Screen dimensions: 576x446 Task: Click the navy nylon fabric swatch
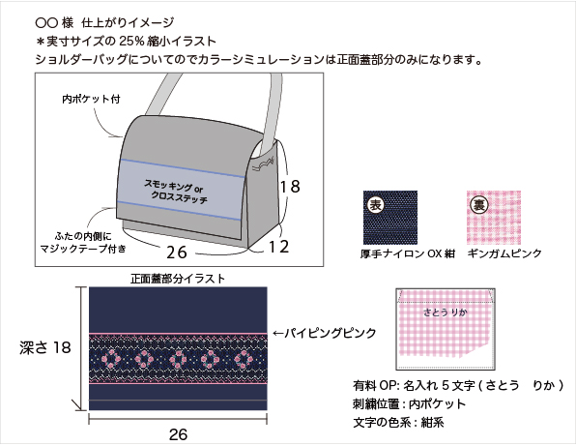pyautogui.click(x=390, y=218)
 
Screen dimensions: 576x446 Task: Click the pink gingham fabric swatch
pyautogui.click(x=494, y=218)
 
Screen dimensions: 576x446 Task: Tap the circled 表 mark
pyautogui.click(x=375, y=204)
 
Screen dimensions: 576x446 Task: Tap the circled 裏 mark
pyautogui.click(x=479, y=204)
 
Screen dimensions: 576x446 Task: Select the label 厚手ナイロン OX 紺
pyautogui.click(x=408, y=253)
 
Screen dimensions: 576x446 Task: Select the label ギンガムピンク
pyautogui.click(x=504, y=253)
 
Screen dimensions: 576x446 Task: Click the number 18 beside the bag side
pyautogui.click(x=290, y=187)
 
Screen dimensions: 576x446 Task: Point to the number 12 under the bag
pyautogui.click(x=278, y=247)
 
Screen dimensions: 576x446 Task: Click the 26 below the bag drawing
pyautogui.click(x=177, y=253)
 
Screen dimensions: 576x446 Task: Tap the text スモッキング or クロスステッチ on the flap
pyautogui.click(x=176, y=192)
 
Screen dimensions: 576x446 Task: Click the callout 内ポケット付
pyautogui.click(x=91, y=99)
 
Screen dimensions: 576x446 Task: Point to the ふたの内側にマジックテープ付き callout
pyautogui.click(x=83, y=243)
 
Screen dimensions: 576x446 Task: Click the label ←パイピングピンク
pyautogui.click(x=325, y=333)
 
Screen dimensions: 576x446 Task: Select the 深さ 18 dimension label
pyautogui.click(x=45, y=347)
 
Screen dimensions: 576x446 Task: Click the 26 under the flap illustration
pyautogui.click(x=178, y=434)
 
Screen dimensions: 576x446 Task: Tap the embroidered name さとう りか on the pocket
pyautogui.click(x=445, y=312)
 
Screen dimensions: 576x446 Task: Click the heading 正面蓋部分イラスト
pyautogui.click(x=178, y=279)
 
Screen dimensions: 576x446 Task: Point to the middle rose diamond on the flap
pyautogui.click(x=178, y=359)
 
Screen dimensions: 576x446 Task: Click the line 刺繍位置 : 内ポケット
pyautogui.click(x=409, y=404)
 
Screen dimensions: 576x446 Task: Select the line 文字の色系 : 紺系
pyautogui.click(x=398, y=423)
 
